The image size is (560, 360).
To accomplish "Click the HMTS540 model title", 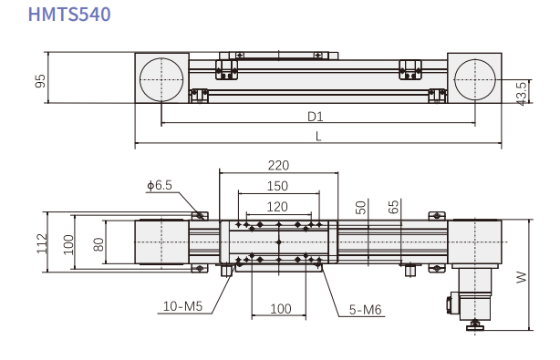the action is point(69,15).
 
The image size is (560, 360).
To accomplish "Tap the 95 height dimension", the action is point(40,80).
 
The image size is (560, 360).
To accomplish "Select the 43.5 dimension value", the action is point(522,94).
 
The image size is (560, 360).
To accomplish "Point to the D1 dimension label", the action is point(315,117).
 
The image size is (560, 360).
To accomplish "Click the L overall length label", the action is point(318,136).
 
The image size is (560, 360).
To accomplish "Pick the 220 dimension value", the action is point(278,166).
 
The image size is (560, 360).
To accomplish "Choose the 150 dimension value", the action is point(277,186).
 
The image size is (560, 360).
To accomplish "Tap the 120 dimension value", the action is point(277,207).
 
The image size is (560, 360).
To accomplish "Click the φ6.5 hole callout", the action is point(160,185).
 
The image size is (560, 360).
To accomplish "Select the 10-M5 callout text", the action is point(182,306).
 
